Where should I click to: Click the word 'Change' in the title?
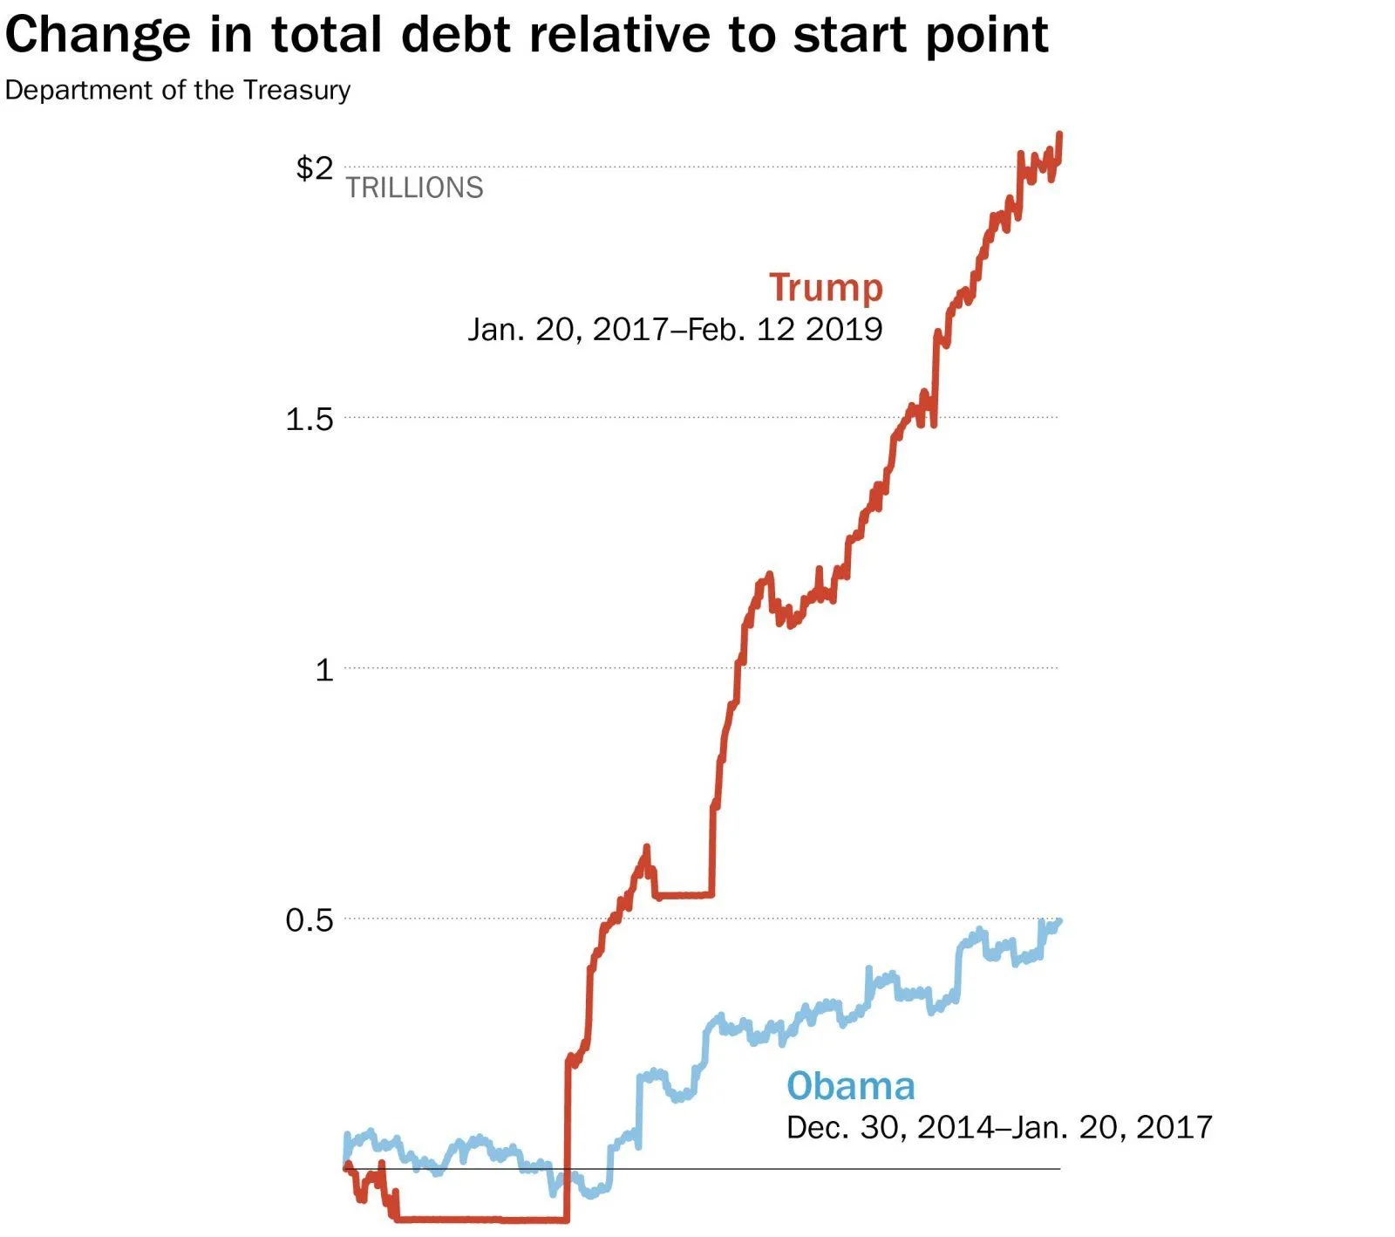coord(98,37)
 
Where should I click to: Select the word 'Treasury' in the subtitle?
coord(296,91)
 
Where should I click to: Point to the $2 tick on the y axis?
coord(314,167)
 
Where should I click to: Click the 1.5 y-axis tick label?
coord(310,420)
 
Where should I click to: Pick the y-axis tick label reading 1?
coord(324,670)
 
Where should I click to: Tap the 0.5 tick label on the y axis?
coord(310,919)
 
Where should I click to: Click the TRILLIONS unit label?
coord(414,188)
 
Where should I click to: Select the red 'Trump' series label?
coord(826,287)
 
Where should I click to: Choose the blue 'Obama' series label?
coord(850,1086)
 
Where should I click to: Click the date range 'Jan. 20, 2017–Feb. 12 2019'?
coord(675,329)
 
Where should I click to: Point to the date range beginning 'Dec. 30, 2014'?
coord(998,1127)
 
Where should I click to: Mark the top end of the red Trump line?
coord(1059,134)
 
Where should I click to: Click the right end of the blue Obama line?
coord(1058,921)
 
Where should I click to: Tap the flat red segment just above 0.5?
coord(684,895)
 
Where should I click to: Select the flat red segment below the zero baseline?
coord(480,1219)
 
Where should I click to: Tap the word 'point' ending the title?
coord(986,37)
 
